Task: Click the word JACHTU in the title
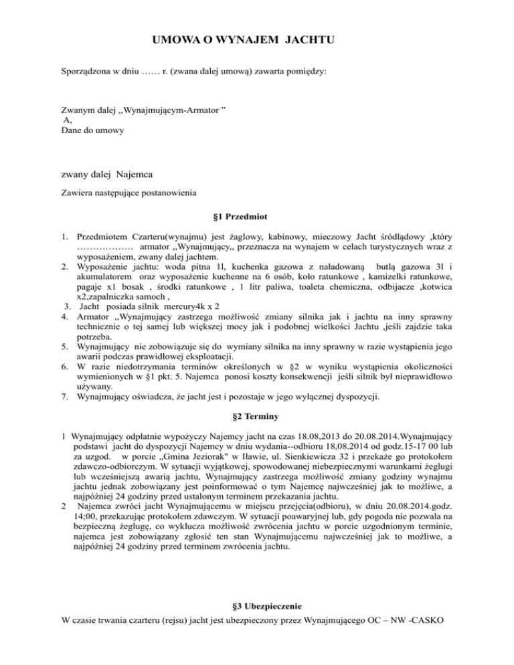(310, 41)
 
